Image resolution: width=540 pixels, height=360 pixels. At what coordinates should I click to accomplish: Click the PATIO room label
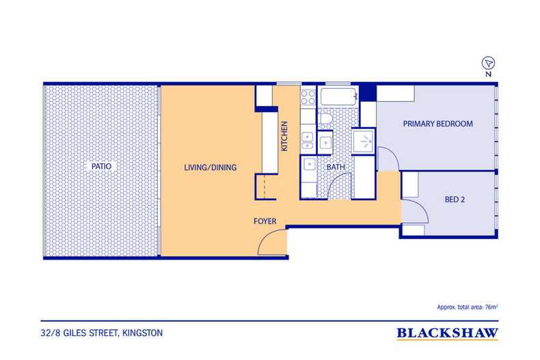click(x=101, y=166)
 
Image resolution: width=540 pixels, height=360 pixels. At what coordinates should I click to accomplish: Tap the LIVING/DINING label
click(x=210, y=167)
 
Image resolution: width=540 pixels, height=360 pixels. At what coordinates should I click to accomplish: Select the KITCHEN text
click(x=284, y=136)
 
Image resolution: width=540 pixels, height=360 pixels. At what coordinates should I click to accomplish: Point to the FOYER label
click(x=265, y=221)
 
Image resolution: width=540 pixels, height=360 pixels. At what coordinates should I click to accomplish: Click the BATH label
click(x=336, y=167)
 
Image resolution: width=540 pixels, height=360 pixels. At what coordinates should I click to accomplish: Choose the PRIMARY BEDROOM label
click(x=437, y=124)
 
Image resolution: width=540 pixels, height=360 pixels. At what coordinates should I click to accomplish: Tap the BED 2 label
click(x=455, y=199)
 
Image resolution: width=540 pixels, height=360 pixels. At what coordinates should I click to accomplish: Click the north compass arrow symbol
click(x=488, y=63)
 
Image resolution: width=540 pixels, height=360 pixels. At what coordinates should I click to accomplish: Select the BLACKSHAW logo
click(x=447, y=333)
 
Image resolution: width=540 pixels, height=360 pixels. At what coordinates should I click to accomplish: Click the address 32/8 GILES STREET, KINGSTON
click(x=102, y=333)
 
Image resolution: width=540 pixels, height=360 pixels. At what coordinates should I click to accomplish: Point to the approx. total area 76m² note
click(x=468, y=307)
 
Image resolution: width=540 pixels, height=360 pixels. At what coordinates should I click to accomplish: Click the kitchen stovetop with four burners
click(x=308, y=97)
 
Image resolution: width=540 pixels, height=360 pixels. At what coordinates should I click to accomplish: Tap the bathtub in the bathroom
click(x=339, y=97)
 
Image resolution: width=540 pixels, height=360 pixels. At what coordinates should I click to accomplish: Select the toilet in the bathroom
click(x=326, y=119)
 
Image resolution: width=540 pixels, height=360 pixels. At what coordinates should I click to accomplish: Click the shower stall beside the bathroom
click(x=364, y=141)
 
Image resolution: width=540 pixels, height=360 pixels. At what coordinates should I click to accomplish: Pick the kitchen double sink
click(x=307, y=141)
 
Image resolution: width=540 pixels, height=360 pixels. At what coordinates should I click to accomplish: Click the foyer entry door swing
click(x=273, y=242)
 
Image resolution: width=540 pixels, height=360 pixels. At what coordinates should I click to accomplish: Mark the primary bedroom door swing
click(x=388, y=158)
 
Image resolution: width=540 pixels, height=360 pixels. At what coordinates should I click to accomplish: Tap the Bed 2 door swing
click(x=416, y=210)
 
